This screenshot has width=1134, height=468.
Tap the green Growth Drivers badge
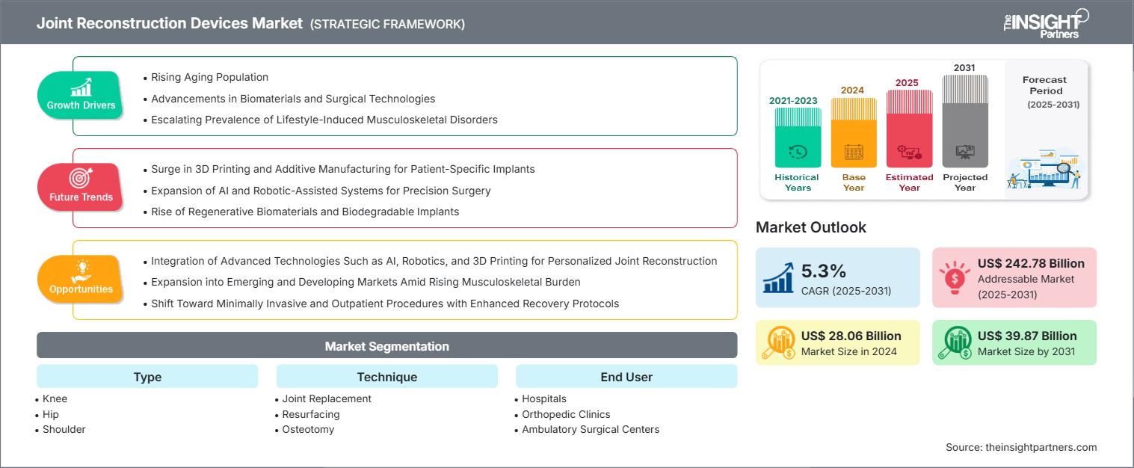click(x=81, y=95)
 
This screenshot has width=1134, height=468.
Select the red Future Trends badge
click(x=81, y=187)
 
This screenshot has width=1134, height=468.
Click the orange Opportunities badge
click(x=81, y=279)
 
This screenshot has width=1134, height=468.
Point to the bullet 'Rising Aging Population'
click(x=209, y=77)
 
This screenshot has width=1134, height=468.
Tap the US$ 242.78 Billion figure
click(x=1031, y=263)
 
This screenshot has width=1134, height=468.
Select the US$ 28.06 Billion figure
click(x=851, y=336)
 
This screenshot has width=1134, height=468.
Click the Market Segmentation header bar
click(x=386, y=346)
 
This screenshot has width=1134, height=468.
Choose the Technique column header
click(x=386, y=377)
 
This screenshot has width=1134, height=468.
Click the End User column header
click(x=626, y=377)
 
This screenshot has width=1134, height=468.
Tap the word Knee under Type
click(x=55, y=398)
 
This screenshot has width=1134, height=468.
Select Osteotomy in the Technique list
click(x=308, y=429)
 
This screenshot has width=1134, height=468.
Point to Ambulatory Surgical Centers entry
click(x=591, y=429)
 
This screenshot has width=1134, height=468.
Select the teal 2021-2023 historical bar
click(x=798, y=138)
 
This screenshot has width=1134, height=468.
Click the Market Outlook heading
click(x=811, y=227)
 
